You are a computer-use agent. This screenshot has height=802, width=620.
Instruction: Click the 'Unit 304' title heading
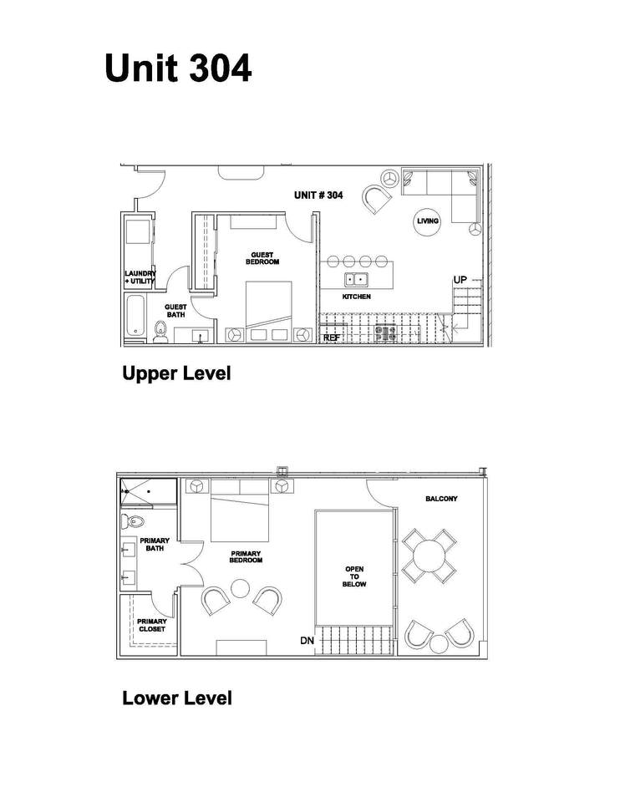click(178, 68)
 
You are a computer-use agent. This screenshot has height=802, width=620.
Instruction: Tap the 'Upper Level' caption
click(176, 373)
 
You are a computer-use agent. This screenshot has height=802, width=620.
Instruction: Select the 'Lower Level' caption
click(177, 698)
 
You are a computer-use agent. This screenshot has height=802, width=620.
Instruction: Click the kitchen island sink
click(356, 280)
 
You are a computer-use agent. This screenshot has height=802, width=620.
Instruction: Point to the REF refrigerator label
click(332, 338)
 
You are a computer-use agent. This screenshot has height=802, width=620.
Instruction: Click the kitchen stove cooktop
click(386, 333)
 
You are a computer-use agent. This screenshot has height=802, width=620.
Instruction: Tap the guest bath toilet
click(160, 332)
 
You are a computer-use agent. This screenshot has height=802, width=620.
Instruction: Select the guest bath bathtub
click(135, 315)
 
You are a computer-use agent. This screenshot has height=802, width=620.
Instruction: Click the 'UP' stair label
click(460, 280)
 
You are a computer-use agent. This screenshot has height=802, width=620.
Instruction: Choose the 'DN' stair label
click(307, 640)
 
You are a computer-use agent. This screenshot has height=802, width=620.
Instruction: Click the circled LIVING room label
click(427, 221)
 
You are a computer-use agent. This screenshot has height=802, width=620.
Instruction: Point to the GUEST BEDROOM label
click(262, 258)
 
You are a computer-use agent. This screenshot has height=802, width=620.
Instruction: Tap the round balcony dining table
click(429, 556)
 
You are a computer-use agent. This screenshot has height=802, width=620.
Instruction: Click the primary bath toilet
click(133, 521)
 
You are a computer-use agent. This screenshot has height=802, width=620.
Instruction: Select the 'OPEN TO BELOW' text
click(354, 576)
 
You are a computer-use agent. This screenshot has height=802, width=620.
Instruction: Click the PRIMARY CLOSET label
click(152, 625)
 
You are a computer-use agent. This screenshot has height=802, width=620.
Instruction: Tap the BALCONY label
click(441, 499)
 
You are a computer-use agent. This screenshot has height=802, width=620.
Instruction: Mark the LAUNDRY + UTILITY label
click(140, 277)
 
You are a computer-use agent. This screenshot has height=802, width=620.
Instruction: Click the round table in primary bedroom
click(240, 588)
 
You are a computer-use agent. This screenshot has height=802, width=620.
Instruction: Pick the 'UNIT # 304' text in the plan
click(318, 195)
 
